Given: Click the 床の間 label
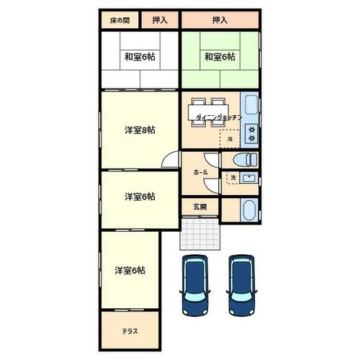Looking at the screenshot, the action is pyautogui.click(x=120, y=21).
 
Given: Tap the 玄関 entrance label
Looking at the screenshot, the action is pyautogui.click(x=200, y=207).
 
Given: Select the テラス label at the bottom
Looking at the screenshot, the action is pyautogui.click(x=130, y=331).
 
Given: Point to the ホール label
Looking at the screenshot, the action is pyautogui.click(x=200, y=172).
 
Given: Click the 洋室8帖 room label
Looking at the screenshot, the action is pyautogui.click(x=140, y=130).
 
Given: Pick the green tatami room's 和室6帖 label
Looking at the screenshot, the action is pyautogui.click(x=220, y=57).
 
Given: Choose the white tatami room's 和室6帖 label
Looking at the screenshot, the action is pyautogui.click(x=140, y=57).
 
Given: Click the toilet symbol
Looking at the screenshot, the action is pyautogui.click(x=246, y=159).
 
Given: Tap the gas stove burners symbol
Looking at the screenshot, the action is pyautogui.click(x=251, y=133).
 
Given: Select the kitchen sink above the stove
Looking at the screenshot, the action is pyautogui.click(x=251, y=104).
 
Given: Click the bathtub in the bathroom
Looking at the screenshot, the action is pyautogui.click(x=250, y=210).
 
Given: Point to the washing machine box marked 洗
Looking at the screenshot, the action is pyautogui.click(x=233, y=178).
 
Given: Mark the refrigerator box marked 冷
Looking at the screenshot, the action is pyautogui.click(x=230, y=139).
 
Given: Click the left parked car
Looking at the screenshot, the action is pyautogui.click(x=195, y=286).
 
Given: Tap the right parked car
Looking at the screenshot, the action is pyautogui.click(x=241, y=286).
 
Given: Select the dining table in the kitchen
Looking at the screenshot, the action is pyautogui.click(x=208, y=112).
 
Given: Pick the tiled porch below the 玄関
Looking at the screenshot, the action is pyautogui.click(x=199, y=234).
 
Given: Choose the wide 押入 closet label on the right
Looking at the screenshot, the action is pyautogui.click(x=220, y=20).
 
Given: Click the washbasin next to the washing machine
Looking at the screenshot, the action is pyautogui.click(x=249, y=178).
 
